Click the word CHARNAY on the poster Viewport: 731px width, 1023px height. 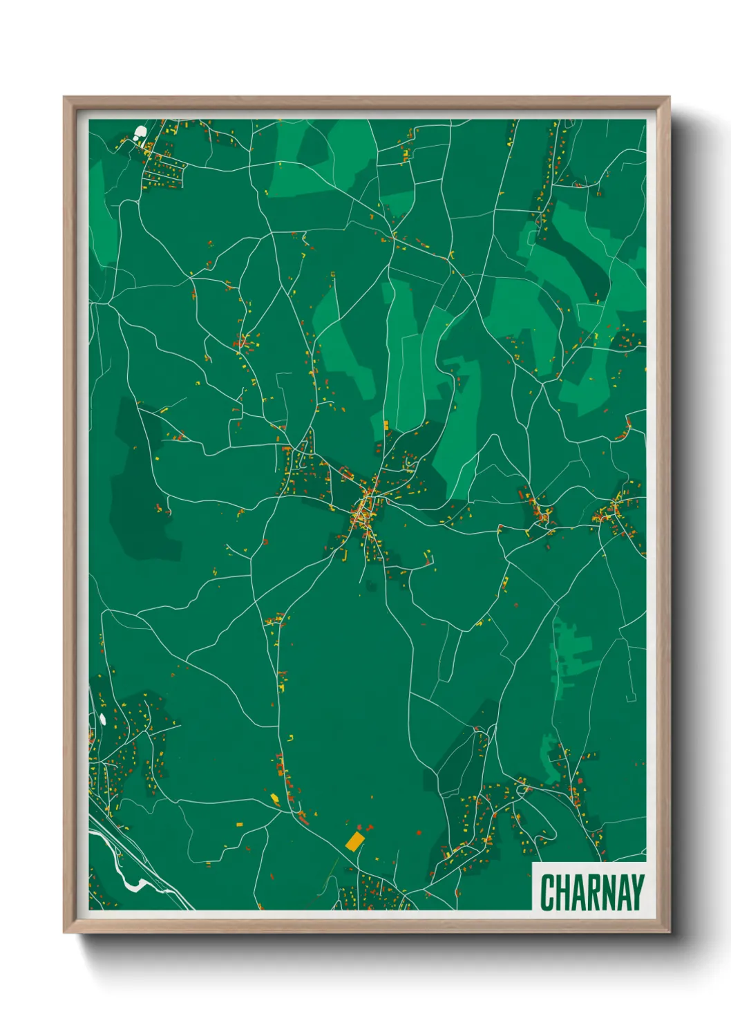[x=591, y=892]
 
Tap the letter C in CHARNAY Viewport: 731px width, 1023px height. [x=548, y=892]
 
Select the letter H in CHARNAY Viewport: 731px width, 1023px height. [x=564, y=892]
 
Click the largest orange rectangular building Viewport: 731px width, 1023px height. [x=354, y=841]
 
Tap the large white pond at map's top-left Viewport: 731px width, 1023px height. [x=140, y=131]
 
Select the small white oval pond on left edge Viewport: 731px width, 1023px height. [x=103, y=719]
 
